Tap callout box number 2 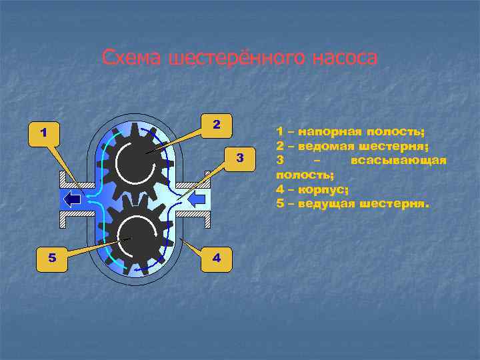pos(215,124)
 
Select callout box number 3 pos(241,157)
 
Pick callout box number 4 pos(215,257)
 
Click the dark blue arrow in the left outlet pos(73,199)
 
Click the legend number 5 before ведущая pos(280,203)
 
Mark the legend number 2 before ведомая pos(280,146)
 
